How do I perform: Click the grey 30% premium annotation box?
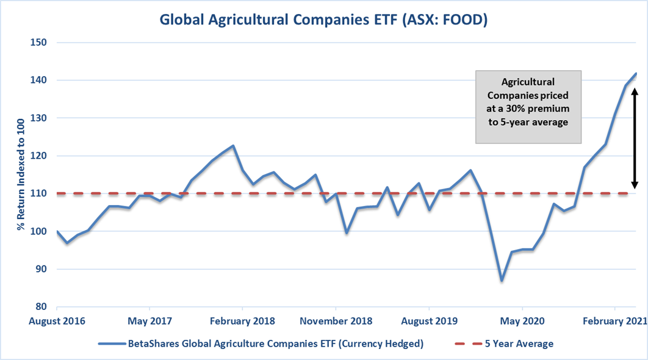tap(528, 107)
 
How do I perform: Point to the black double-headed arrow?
tap(635, 138)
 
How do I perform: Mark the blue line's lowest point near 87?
tap(502, 281)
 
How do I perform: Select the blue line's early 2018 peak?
tap(233, 146)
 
